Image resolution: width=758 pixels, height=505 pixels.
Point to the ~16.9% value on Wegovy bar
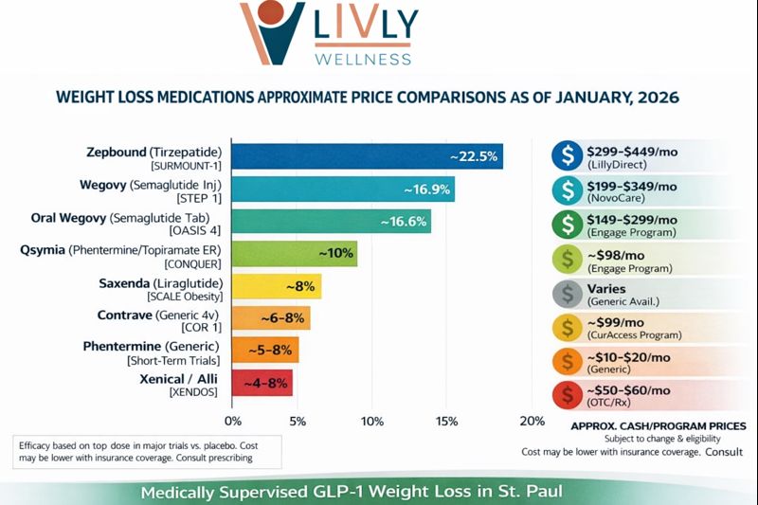coord(425,189)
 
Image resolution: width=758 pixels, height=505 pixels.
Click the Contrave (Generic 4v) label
coord(157,314)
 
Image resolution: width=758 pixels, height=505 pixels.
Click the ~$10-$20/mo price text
coord(630,356)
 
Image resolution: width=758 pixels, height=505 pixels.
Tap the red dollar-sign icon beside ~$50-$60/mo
coord(568,395)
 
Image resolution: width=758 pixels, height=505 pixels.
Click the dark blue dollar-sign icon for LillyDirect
coord(568,154)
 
